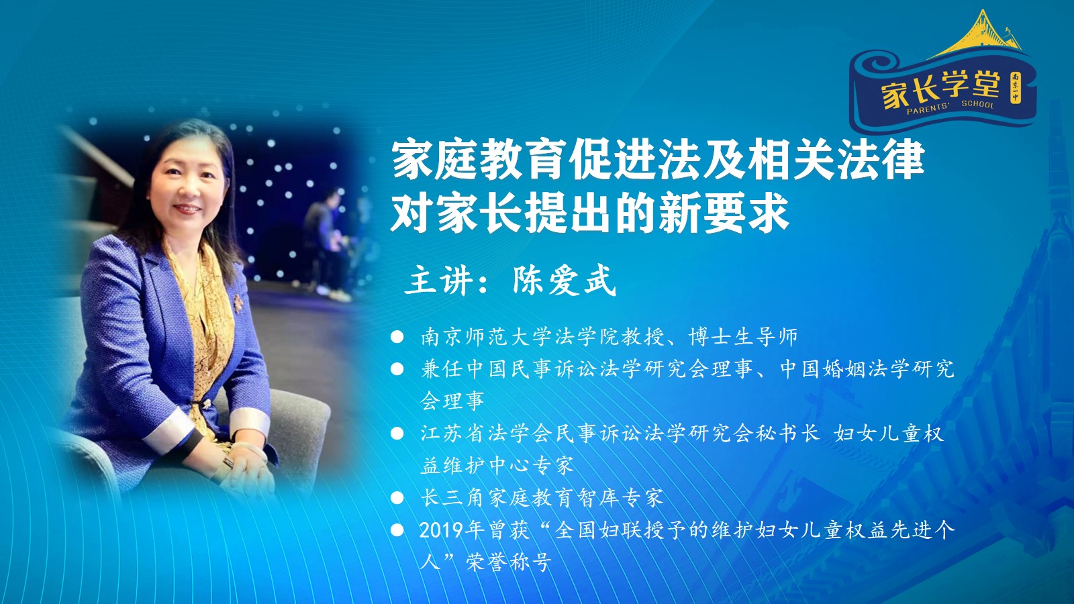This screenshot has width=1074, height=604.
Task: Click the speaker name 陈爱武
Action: click(x=564, y=281)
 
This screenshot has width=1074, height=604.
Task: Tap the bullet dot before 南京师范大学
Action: click(x=397, y=336)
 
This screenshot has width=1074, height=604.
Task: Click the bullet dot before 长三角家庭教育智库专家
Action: click(x=397, y=498)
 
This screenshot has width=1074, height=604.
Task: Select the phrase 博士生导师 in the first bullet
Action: click(x=743, y=336)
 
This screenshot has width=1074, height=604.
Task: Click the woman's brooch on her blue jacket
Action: click(x=238, y=303)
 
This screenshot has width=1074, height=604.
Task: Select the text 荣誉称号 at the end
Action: click(x=509, y=562)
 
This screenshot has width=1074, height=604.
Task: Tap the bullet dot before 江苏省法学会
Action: click(x=397, y=434)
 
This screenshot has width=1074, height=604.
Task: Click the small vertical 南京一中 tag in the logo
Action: click(x=1015, y=88)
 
